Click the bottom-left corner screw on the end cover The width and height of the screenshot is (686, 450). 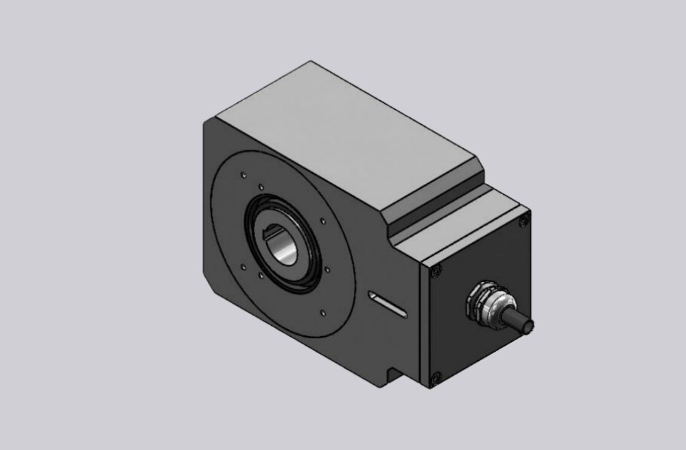click(434, 375)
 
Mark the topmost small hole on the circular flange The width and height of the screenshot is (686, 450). click(241, 174)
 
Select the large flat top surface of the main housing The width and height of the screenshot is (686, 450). click(343, 130)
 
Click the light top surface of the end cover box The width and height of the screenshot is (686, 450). click(466, 226)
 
